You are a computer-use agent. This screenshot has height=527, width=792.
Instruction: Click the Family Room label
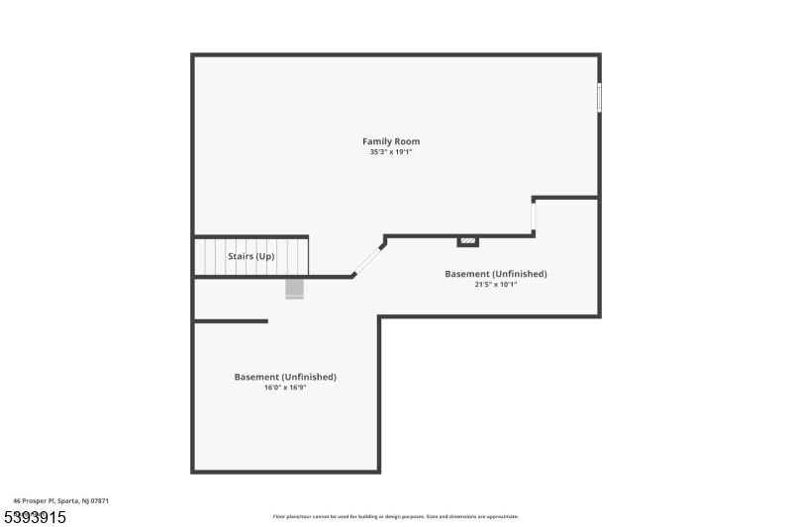[391, 141]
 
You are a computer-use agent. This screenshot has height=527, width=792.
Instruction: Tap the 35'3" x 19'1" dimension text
[391, 152]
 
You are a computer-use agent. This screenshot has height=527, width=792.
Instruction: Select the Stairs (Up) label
[251, 256]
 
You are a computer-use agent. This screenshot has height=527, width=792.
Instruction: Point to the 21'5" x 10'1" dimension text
[496, 285]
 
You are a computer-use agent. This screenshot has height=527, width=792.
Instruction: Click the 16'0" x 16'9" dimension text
[285, 388]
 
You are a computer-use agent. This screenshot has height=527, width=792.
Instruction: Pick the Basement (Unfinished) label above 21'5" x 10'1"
[496, 274]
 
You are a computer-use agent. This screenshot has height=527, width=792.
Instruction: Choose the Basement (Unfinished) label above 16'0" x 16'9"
[285, 377]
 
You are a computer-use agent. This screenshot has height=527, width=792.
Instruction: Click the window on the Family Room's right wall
[598, 97]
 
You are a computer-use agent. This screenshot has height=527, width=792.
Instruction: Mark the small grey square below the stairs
[294, 288]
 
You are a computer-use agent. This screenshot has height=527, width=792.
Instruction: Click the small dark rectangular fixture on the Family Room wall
[467, 240]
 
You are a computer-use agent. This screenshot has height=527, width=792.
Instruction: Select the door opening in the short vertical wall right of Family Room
[534, 216]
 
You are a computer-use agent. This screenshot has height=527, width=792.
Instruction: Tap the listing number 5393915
[34, 517]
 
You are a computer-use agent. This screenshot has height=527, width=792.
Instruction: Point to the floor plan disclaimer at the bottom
[396, 516]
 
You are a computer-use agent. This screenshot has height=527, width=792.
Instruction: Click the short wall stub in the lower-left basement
[231, 320]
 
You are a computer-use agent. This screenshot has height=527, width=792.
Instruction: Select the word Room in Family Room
[407, 141]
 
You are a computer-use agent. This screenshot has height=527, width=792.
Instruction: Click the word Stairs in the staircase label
[240, 256]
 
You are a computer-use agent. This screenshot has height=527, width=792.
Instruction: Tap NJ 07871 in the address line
[94, 501]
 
